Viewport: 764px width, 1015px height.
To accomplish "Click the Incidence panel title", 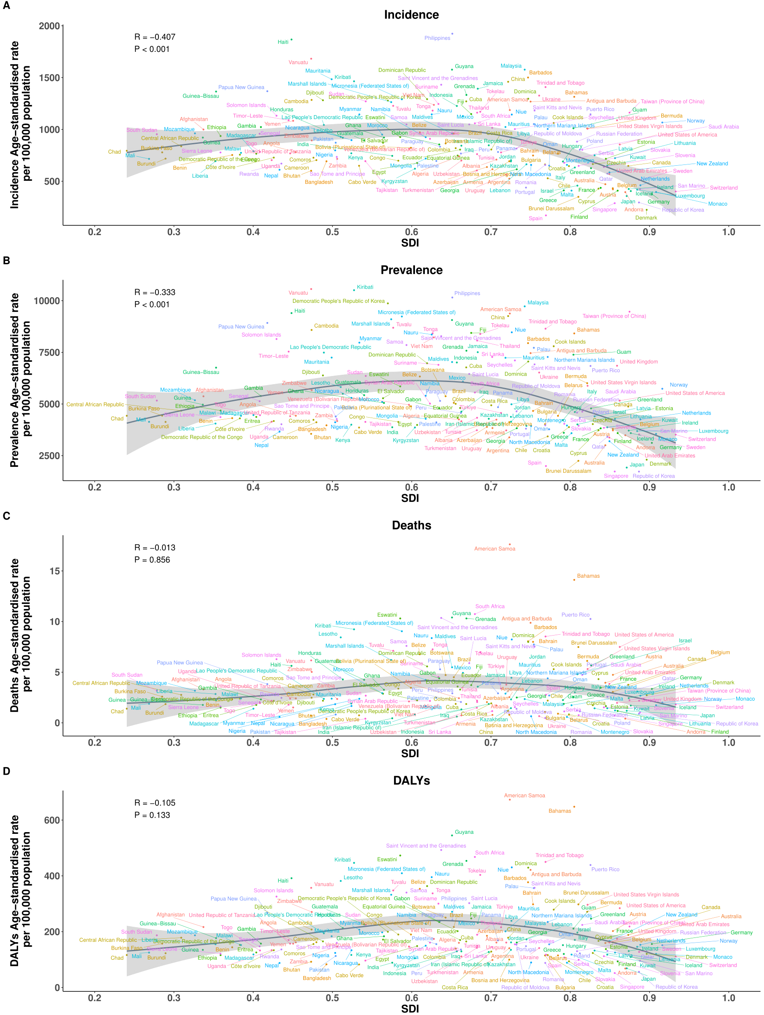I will click(411, 15).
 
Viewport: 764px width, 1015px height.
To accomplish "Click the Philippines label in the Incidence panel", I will click(437, 38).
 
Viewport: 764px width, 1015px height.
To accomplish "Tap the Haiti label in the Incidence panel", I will click(283, 42).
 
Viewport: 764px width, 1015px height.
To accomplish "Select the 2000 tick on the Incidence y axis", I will click(49, 26).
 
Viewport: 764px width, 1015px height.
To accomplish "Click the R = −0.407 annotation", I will click(155, 37).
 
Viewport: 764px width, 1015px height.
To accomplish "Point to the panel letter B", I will click(6, 260).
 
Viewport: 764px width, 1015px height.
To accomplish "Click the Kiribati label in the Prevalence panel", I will click(365, 287).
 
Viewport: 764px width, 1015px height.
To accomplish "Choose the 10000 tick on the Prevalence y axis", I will click(47, 301).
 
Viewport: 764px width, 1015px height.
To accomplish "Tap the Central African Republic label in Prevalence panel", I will click(95, 405).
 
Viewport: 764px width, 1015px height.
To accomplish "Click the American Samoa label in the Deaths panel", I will click(494, 549).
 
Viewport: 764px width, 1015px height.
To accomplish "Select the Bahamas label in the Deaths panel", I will click(588, 576).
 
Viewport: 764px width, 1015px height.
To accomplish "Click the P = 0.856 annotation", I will click(152, 560).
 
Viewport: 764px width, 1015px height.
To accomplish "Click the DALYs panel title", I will click(411, 780).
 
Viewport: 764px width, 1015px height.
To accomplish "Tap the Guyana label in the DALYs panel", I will click(463, 832).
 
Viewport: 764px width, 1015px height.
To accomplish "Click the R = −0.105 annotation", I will click(155, 803).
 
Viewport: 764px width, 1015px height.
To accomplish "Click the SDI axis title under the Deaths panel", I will click(410, 753).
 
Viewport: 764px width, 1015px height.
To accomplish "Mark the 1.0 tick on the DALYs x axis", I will click(728, 998).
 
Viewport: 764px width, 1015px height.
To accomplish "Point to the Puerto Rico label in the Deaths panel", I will click(575, 615).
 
